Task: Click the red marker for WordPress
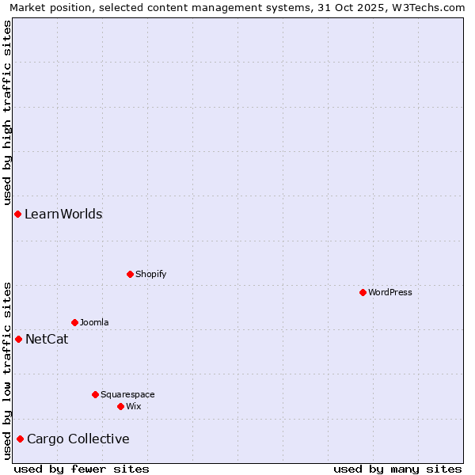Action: coord(363,292)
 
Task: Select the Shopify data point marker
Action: coord(130,274)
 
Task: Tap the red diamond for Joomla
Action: coord(74,322)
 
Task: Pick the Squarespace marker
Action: coord(95,394)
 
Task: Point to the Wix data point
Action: coord(120,406)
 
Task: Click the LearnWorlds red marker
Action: coord(17,214)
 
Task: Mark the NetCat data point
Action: coord(18,339)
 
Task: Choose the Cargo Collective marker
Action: coord(20,439)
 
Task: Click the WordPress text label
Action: coord(390,292)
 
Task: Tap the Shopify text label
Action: coord(151,274)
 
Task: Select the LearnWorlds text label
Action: coord(63,214)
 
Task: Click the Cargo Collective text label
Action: coord(78,439)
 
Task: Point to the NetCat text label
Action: coord(47,339)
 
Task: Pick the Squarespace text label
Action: coord(127,394)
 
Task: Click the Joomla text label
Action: coord(94,322)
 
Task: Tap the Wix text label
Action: coord(134,406)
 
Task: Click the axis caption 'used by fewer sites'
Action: coord(82,469)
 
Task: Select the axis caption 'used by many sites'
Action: coord(397,469)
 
